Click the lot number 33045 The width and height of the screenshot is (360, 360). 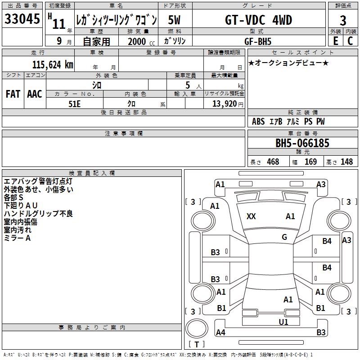22,19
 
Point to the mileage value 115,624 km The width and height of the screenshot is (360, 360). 53,64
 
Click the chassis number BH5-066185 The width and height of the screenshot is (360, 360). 302,144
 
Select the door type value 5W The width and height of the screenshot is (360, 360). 175,20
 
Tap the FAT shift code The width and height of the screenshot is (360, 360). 13,94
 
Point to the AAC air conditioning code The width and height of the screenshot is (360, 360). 35,94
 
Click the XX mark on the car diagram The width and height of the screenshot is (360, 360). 251,216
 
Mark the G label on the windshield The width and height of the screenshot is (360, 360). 284,237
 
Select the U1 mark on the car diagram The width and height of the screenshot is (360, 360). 283,322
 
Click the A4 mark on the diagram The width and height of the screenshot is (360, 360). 220,333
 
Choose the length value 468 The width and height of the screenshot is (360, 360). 273,162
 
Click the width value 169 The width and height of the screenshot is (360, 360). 310,162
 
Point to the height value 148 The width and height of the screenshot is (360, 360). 347,162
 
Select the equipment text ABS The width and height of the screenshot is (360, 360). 258,121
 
